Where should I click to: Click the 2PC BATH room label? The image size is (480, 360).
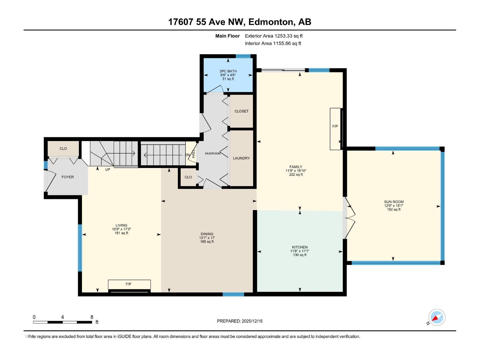coord(228,71)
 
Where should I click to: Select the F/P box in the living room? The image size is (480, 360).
coord(129,284)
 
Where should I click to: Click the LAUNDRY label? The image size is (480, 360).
coord(241,158)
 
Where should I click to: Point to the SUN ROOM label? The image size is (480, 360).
coord(394,202)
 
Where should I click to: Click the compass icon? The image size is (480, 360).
coord(436,317)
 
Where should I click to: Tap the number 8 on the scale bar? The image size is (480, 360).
coord(92,317)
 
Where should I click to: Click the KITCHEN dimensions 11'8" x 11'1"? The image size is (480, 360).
coord(299,251)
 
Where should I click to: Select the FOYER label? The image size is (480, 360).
coord(67,177)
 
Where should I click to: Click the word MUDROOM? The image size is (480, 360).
coord(213,154)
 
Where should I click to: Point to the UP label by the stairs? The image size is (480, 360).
coord(107,169)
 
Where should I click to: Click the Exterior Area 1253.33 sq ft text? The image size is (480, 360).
coord(274,36)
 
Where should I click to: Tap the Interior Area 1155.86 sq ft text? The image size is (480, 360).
coord(273,43)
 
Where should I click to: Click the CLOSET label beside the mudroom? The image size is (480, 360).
coord(241,111)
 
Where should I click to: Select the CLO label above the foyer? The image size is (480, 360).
coord(63,148)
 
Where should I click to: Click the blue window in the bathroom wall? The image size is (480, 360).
coord(243,56)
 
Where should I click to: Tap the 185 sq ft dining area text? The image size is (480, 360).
coord(207,241)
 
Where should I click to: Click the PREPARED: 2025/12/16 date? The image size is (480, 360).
coord(240,321)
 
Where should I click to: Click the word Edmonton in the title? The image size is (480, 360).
coord(271,22)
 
